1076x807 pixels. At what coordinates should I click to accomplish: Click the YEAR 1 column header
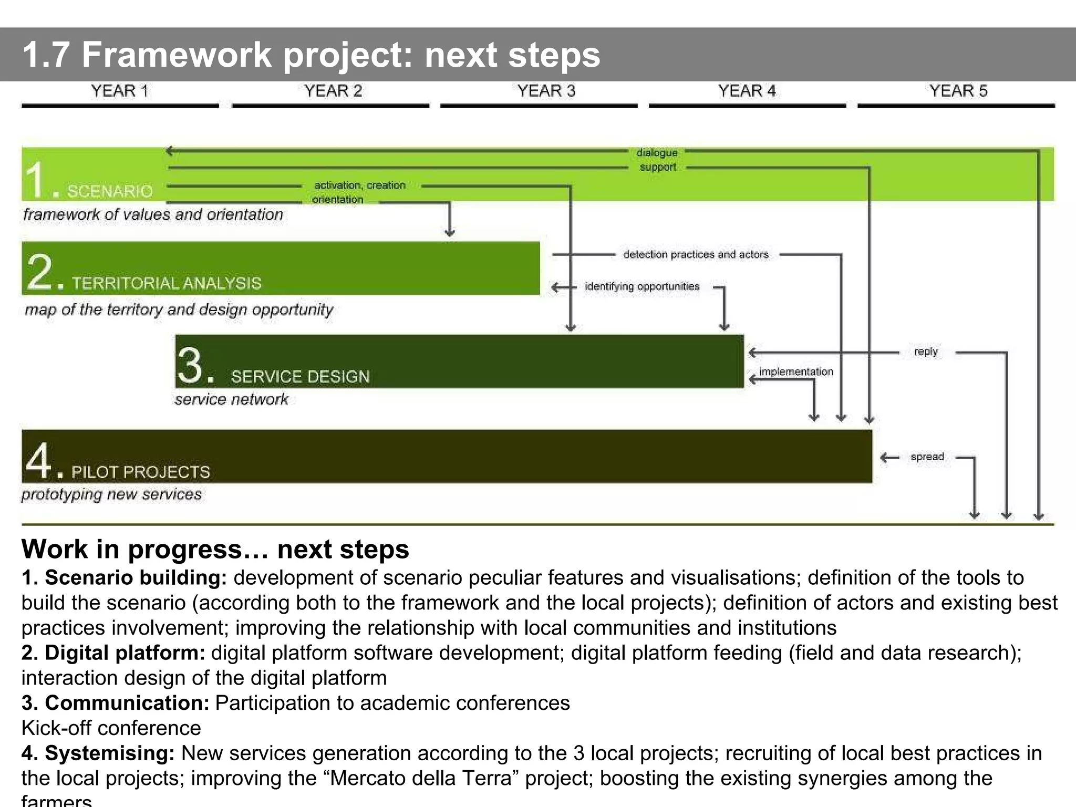[120, 91]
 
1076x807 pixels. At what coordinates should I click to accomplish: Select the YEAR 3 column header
[546, 91]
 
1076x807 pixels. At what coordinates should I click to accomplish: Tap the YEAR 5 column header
[958, 91]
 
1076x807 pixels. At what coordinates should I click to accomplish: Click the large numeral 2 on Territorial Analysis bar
[40, 272]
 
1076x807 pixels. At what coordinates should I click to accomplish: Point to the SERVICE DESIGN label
[300, 377]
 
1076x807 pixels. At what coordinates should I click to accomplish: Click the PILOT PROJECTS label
[141, 472]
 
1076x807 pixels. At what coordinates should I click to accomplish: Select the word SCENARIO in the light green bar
[110, 191]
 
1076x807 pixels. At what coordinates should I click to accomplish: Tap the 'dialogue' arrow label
[657, 153]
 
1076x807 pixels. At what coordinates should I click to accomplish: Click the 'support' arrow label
[658, 167]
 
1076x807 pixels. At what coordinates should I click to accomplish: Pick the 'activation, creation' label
[360, 185]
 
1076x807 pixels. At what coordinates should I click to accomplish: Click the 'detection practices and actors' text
[696, 255]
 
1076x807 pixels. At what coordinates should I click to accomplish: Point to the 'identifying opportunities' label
[642, 286]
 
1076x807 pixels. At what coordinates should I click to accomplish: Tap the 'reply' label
[926, 351]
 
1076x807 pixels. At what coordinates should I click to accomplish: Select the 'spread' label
[927, 457]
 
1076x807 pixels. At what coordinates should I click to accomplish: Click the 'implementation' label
[796, 372]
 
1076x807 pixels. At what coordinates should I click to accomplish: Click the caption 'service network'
[232, 400]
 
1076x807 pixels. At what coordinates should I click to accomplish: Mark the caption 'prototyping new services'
[111, 494]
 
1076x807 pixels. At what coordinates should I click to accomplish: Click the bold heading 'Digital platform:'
[113, 653]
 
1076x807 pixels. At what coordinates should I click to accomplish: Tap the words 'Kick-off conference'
[111, 728]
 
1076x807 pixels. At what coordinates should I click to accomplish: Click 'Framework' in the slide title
[177, 55]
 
